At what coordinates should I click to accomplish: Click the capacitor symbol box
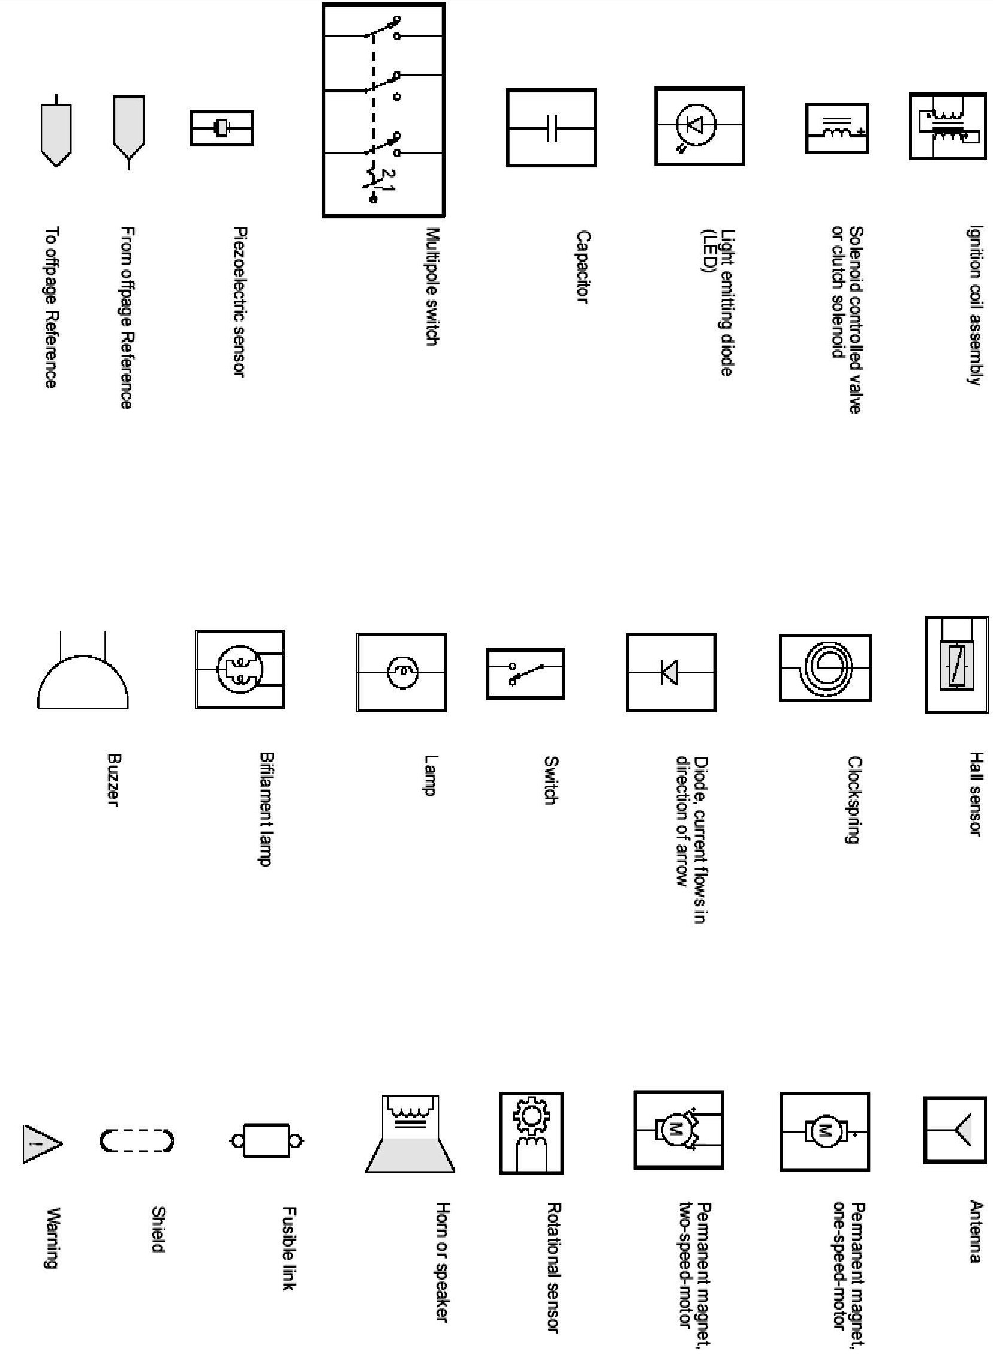[550, 127]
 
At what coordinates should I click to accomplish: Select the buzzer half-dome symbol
[83, 683]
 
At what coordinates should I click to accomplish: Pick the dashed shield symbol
[137, 1141]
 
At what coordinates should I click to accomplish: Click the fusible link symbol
[266, 1140]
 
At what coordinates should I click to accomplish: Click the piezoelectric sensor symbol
[222, 128]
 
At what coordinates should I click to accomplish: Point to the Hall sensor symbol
[956, 664]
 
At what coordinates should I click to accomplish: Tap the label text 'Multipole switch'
[433, 286]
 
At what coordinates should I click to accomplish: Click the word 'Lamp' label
[431, 776]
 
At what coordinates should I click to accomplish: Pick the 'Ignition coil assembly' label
[974, 304]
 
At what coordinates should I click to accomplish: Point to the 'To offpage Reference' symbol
[56, 132]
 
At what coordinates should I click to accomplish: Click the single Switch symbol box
[525, 673]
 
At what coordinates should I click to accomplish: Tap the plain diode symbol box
[671, 672]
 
